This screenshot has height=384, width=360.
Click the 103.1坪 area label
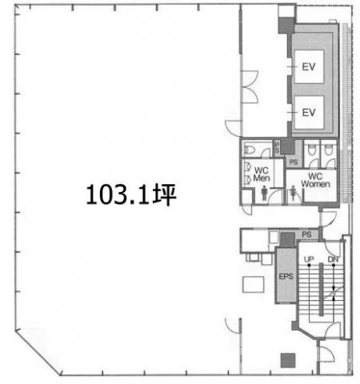(x=131, y=194)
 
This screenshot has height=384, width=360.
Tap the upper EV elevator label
(x=309, y=66)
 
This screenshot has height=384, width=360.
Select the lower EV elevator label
(x=309, y=113)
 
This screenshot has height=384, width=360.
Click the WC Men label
(x=262, y=174)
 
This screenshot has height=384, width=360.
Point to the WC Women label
(x=315, y=180)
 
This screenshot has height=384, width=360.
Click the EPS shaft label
(x=286, y=277)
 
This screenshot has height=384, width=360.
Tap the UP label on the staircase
(x=309, y=259)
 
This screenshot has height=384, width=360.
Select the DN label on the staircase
(x=333, y=259)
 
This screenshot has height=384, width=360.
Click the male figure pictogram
(x=264, y=193)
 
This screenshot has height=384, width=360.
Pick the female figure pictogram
(x=294, y=193)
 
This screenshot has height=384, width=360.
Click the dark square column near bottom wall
(x=288, y=361)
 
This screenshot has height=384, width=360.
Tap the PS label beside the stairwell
(x=306, y=234)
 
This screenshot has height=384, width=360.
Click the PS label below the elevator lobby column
(x=294, y=162)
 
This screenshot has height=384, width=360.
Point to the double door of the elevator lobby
(x=250, y=86)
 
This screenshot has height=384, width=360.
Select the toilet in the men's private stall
(x=250, y=150)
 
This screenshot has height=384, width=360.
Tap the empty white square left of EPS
(x=254, y=285)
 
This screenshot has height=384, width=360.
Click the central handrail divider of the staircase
(x=322, y=290)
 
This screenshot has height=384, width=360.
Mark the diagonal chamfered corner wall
(x=38, y=353)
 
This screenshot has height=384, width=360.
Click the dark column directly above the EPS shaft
(x=288, y=239)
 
